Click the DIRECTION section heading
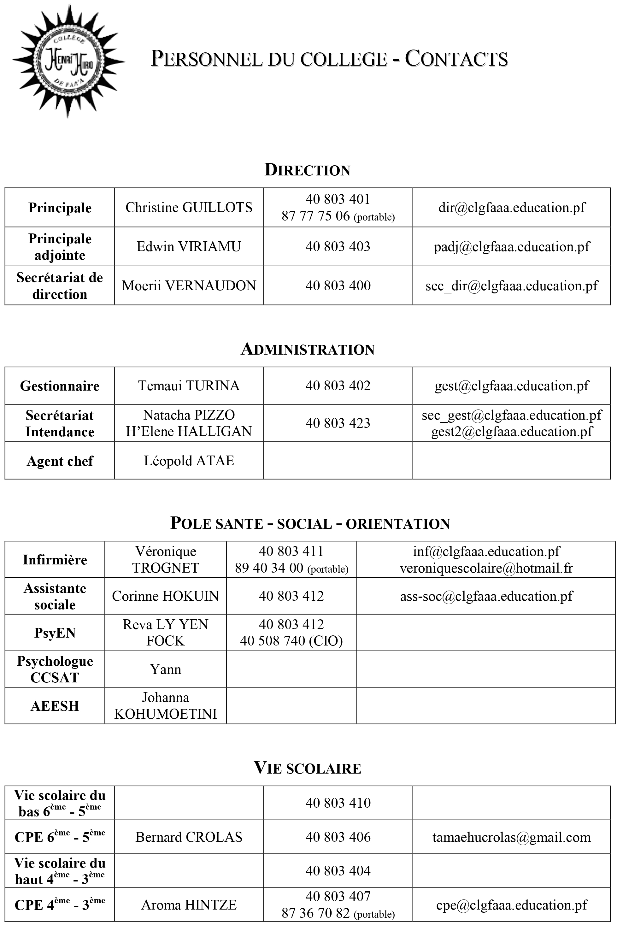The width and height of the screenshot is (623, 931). coord(308,170)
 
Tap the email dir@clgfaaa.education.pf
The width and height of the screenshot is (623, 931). coord(511,207)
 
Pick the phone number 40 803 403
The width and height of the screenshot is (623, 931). coord(338,246)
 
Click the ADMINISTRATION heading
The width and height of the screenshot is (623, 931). coord(308,349)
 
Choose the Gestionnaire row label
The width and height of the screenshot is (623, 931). coord(60,386)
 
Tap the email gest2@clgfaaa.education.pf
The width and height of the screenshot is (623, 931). coord(511,432)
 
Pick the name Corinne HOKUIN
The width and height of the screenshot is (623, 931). coord(165,596)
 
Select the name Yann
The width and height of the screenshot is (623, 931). coord(165,669)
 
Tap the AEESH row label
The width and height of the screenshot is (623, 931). coord(55,706)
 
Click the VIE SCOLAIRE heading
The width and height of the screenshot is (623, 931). coord(308,768)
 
